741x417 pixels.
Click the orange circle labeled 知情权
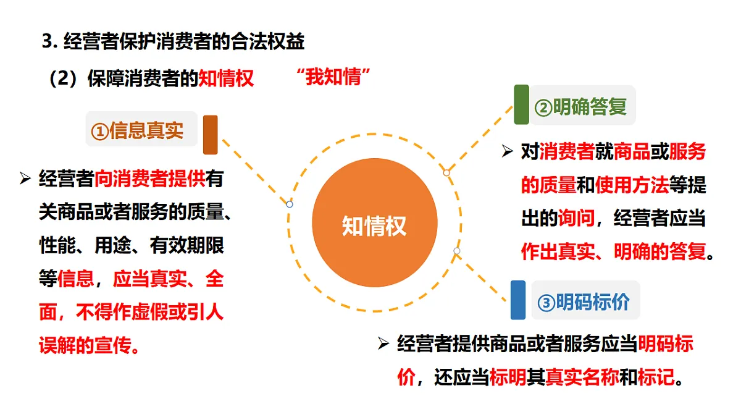click(x=374, y=223)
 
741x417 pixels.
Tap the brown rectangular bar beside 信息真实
click(x=211, y=135)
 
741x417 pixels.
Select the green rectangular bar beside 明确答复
click(x=521, y=104)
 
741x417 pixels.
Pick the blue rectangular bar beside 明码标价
click(x=518, y=300)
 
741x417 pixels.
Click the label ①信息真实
click(x=137, y=130)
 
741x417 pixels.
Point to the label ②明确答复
click(x=580, y=106)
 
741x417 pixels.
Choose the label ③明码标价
click(x=584, y=301)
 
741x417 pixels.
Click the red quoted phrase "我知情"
click(x=333, y=77)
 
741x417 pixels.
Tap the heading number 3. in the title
click(x=50, y=42)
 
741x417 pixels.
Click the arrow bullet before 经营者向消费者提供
click(x=25, y=178)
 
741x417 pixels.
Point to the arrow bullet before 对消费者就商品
click(x=507, y=151)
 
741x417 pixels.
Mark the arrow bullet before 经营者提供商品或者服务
click(x=383, y=343)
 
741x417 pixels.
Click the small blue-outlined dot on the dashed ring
click(x=290, y=204)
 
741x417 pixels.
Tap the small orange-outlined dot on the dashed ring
click(x=446, y=173)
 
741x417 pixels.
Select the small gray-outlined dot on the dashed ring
click(x=457, y=251)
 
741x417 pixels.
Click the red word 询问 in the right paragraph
click(x=576, y=217)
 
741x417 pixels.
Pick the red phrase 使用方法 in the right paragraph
click(x=632, y=185)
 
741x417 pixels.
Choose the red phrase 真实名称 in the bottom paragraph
click(x=582, y=377)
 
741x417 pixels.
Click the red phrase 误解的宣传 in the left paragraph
click(x=85, y=345)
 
